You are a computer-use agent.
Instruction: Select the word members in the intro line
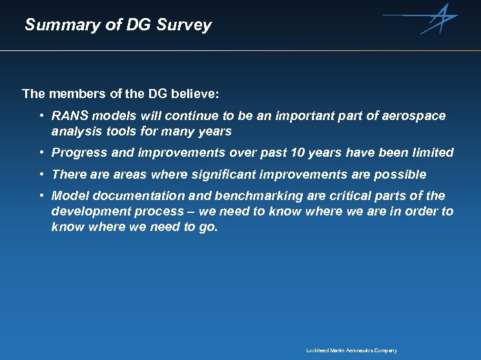pyautogui.click(x=72, y=94)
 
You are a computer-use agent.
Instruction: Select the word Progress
pyautogui.click(x=79, y=153)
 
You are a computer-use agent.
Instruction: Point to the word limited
pyautogui.click(x=431, y=153)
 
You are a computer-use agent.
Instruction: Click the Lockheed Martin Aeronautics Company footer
pyautogui.click(x=351, y=350)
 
